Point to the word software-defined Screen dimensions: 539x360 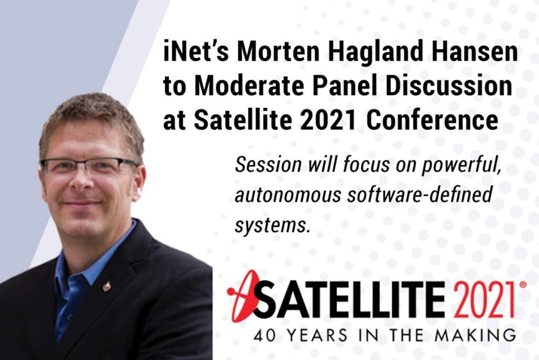(420, 194)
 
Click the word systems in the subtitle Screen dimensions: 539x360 (271, 226)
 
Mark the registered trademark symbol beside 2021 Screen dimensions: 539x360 (523, 285)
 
